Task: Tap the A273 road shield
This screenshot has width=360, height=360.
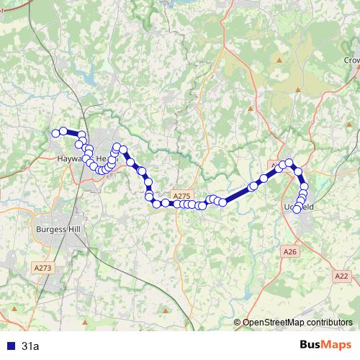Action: [42, 267]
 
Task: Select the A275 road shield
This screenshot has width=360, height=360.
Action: [181, 195]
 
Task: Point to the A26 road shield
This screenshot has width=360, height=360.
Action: [289, 251]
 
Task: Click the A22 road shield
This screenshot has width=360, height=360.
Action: [341, 275]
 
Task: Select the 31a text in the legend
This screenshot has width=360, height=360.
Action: [30, 346]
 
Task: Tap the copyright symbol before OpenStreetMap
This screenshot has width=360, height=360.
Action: [238, 323]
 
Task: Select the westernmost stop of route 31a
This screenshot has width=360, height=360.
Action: [55, 132]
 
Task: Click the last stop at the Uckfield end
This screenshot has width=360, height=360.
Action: [297, 210]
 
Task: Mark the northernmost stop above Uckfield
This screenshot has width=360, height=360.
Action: [289, 163]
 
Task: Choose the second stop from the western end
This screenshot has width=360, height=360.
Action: [63, 131]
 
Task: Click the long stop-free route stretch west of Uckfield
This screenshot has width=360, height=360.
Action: [238, 194]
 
